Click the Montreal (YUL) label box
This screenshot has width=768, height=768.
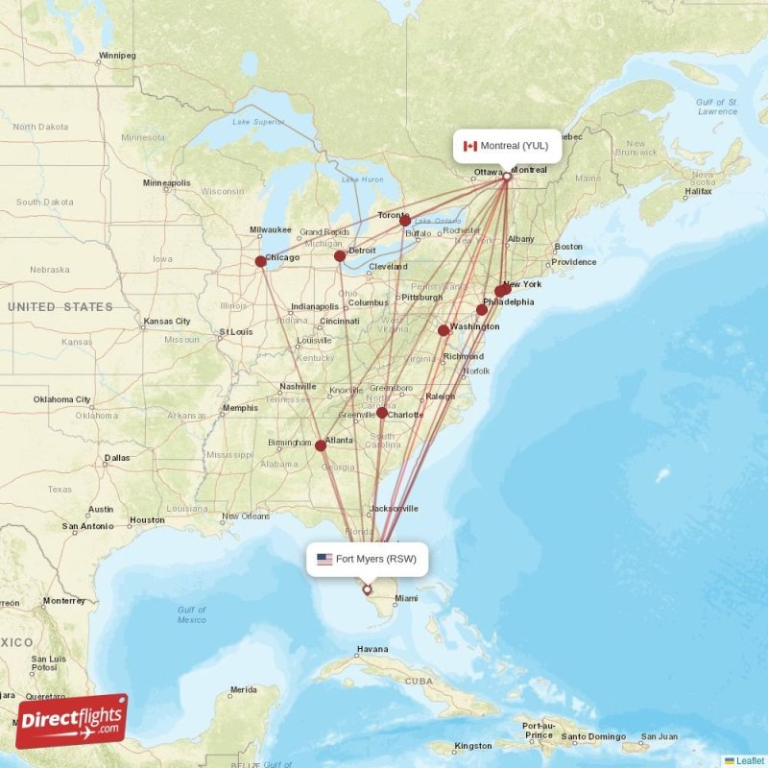pos(507,146)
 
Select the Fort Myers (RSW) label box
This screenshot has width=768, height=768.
pos(367,559)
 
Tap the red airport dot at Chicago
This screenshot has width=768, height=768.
pos(260,261)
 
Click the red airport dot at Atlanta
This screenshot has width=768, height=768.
pos(320,445)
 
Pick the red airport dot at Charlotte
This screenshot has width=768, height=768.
pos(382,413)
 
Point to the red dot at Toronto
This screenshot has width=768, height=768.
pos(405,221)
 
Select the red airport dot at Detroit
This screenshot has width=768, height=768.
pos(340,256)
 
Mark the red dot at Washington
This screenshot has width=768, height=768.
pos(444,330)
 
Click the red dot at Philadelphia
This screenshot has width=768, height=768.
pos(482,309)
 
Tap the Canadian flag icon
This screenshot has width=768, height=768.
pos(470,146)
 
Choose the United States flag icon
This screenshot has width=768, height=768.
pos(324,559)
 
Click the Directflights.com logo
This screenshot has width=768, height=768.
pos(72,720)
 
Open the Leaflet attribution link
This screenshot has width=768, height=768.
pos(749,760)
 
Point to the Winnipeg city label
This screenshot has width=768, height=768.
pos(117,56)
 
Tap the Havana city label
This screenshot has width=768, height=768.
pos(372,649)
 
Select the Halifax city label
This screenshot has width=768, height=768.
pos(698,191)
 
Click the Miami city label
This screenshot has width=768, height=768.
pos(406,598)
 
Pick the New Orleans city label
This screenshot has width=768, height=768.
pos(244,516)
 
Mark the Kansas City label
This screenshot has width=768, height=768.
pos(167,321)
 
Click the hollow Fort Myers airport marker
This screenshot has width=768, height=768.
pos(367,589)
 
